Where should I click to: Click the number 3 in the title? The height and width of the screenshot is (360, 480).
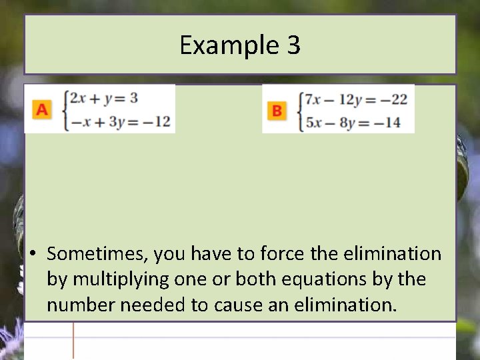point(294,45)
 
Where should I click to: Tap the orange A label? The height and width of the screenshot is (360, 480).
point(42,109)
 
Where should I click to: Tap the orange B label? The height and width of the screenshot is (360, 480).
point(277,111)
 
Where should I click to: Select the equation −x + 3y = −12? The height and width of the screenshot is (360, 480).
point(119,122)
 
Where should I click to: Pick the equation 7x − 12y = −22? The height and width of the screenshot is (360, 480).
point(355,99)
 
